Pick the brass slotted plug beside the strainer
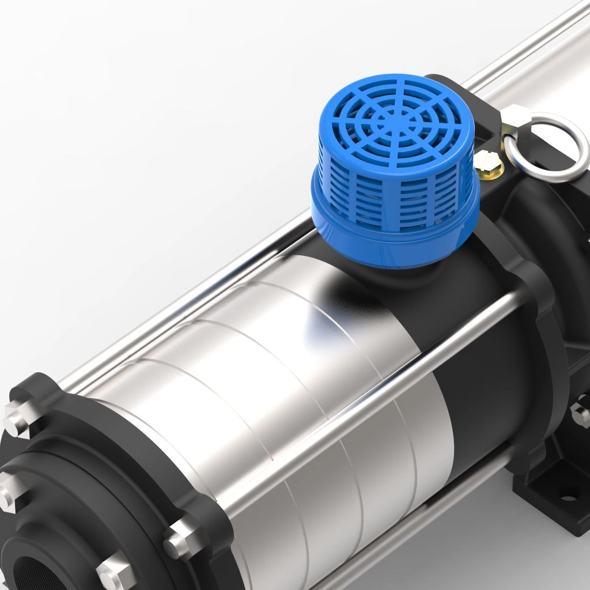click(489, 162)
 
